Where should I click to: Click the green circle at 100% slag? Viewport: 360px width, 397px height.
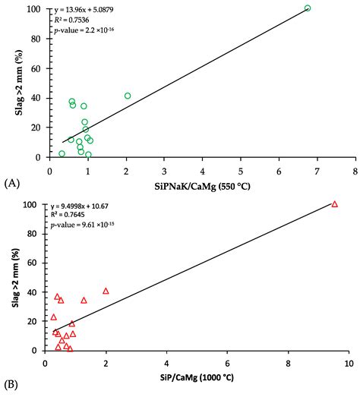308,8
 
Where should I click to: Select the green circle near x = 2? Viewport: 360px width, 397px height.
128,96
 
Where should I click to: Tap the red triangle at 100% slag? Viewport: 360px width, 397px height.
334,204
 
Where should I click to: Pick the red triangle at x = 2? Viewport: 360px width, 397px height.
106,291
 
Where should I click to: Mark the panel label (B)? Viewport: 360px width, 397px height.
12,386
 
